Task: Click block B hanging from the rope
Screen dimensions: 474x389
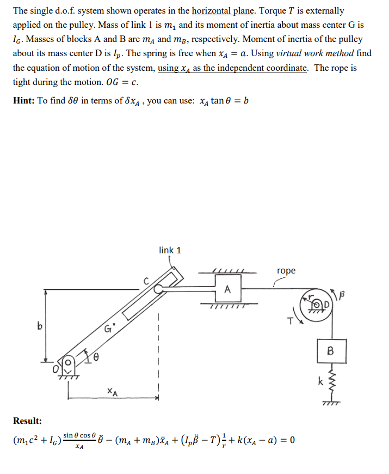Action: (x=330, y=351)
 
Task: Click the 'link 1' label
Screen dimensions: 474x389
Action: (x=170, y=250)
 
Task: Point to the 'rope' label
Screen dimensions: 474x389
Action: (x=286, y=271)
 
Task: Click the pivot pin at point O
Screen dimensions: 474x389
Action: (x=69, y=362)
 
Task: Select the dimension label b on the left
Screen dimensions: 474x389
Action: (x=39, y=327)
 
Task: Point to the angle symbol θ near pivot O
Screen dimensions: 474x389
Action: (x=96, y=357)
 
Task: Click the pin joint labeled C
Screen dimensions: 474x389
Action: (x=159, y=290)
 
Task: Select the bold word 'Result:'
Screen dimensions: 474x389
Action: (x=27, y=421)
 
